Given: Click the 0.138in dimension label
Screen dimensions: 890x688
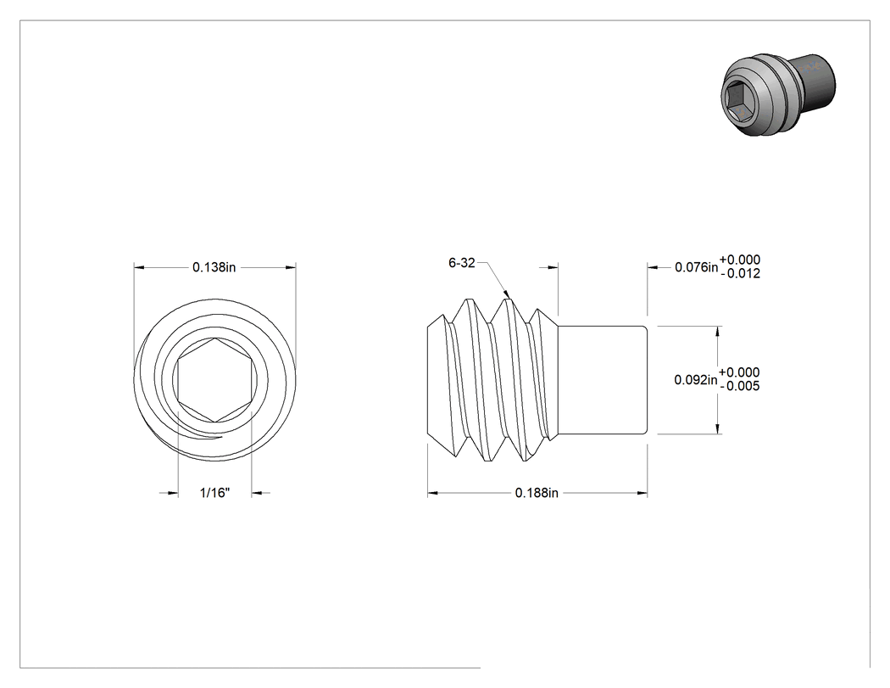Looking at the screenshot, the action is tap(214, 267).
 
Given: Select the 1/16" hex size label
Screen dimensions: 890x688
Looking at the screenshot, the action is tap(214, 493).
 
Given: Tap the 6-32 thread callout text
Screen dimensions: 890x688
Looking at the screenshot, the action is tap(461, 263).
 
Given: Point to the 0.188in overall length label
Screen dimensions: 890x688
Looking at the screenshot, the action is tap(537, 493).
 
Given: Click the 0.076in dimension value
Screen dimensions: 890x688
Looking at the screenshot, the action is tap(697, 267).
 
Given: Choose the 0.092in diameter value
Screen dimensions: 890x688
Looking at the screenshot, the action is tap(696, 379).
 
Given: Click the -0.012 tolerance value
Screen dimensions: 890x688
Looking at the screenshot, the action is tap(740, 274).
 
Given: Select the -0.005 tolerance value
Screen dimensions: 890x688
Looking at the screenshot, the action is tap(740, 386).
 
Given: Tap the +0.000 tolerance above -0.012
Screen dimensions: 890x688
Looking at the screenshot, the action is tap(740, 260).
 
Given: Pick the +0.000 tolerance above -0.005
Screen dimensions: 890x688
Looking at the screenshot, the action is tap(739, 372).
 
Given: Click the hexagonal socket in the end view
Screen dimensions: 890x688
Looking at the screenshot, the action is tap(214, 380).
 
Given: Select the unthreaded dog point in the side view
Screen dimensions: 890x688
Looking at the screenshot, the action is tap(602, 380).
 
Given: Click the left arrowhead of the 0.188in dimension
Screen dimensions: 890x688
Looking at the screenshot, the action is tap(432, 493).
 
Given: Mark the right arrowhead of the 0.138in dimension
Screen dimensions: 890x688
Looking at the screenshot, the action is tap(291, 267).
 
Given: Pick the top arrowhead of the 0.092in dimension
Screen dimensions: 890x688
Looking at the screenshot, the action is tap(718, 332).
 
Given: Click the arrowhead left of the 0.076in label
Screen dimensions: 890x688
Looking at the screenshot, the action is tap(653, 267).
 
